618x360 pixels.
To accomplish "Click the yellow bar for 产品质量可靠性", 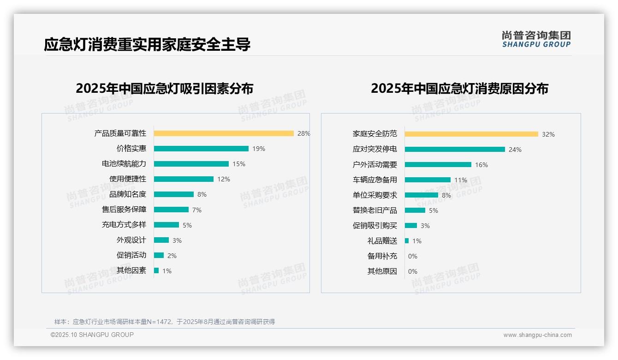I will click(224, 133).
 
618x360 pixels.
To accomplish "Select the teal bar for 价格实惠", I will click(201, 149).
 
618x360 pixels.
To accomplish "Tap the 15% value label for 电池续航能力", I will click(239, 164).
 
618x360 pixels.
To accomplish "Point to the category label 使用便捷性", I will click(128, 179).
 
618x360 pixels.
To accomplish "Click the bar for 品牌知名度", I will click(174, 194).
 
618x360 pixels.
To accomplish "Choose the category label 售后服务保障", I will click(124, 210).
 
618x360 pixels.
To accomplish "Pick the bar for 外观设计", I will click(161, 240).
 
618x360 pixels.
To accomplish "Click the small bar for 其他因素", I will click(156, 270).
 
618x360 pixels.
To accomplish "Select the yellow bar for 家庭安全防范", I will click(471, 134).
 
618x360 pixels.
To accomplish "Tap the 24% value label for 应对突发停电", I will click(515, 150).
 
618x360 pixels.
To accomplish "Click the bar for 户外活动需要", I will click(438, 165).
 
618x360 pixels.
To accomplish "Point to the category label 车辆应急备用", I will click(375, 180).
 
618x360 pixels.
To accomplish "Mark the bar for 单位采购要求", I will click(422, 195).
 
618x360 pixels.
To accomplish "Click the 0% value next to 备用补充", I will click(413, 256).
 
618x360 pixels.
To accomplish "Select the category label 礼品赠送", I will click(382, 241).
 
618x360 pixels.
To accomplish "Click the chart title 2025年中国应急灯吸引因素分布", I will click(165, 89).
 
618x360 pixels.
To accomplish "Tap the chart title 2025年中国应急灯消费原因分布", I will click(459, 89).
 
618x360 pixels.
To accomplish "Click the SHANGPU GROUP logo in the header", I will click(536, 39).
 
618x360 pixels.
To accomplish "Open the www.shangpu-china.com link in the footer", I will click(537, 335).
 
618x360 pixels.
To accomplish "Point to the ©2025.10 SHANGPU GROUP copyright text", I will click(92, 335).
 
